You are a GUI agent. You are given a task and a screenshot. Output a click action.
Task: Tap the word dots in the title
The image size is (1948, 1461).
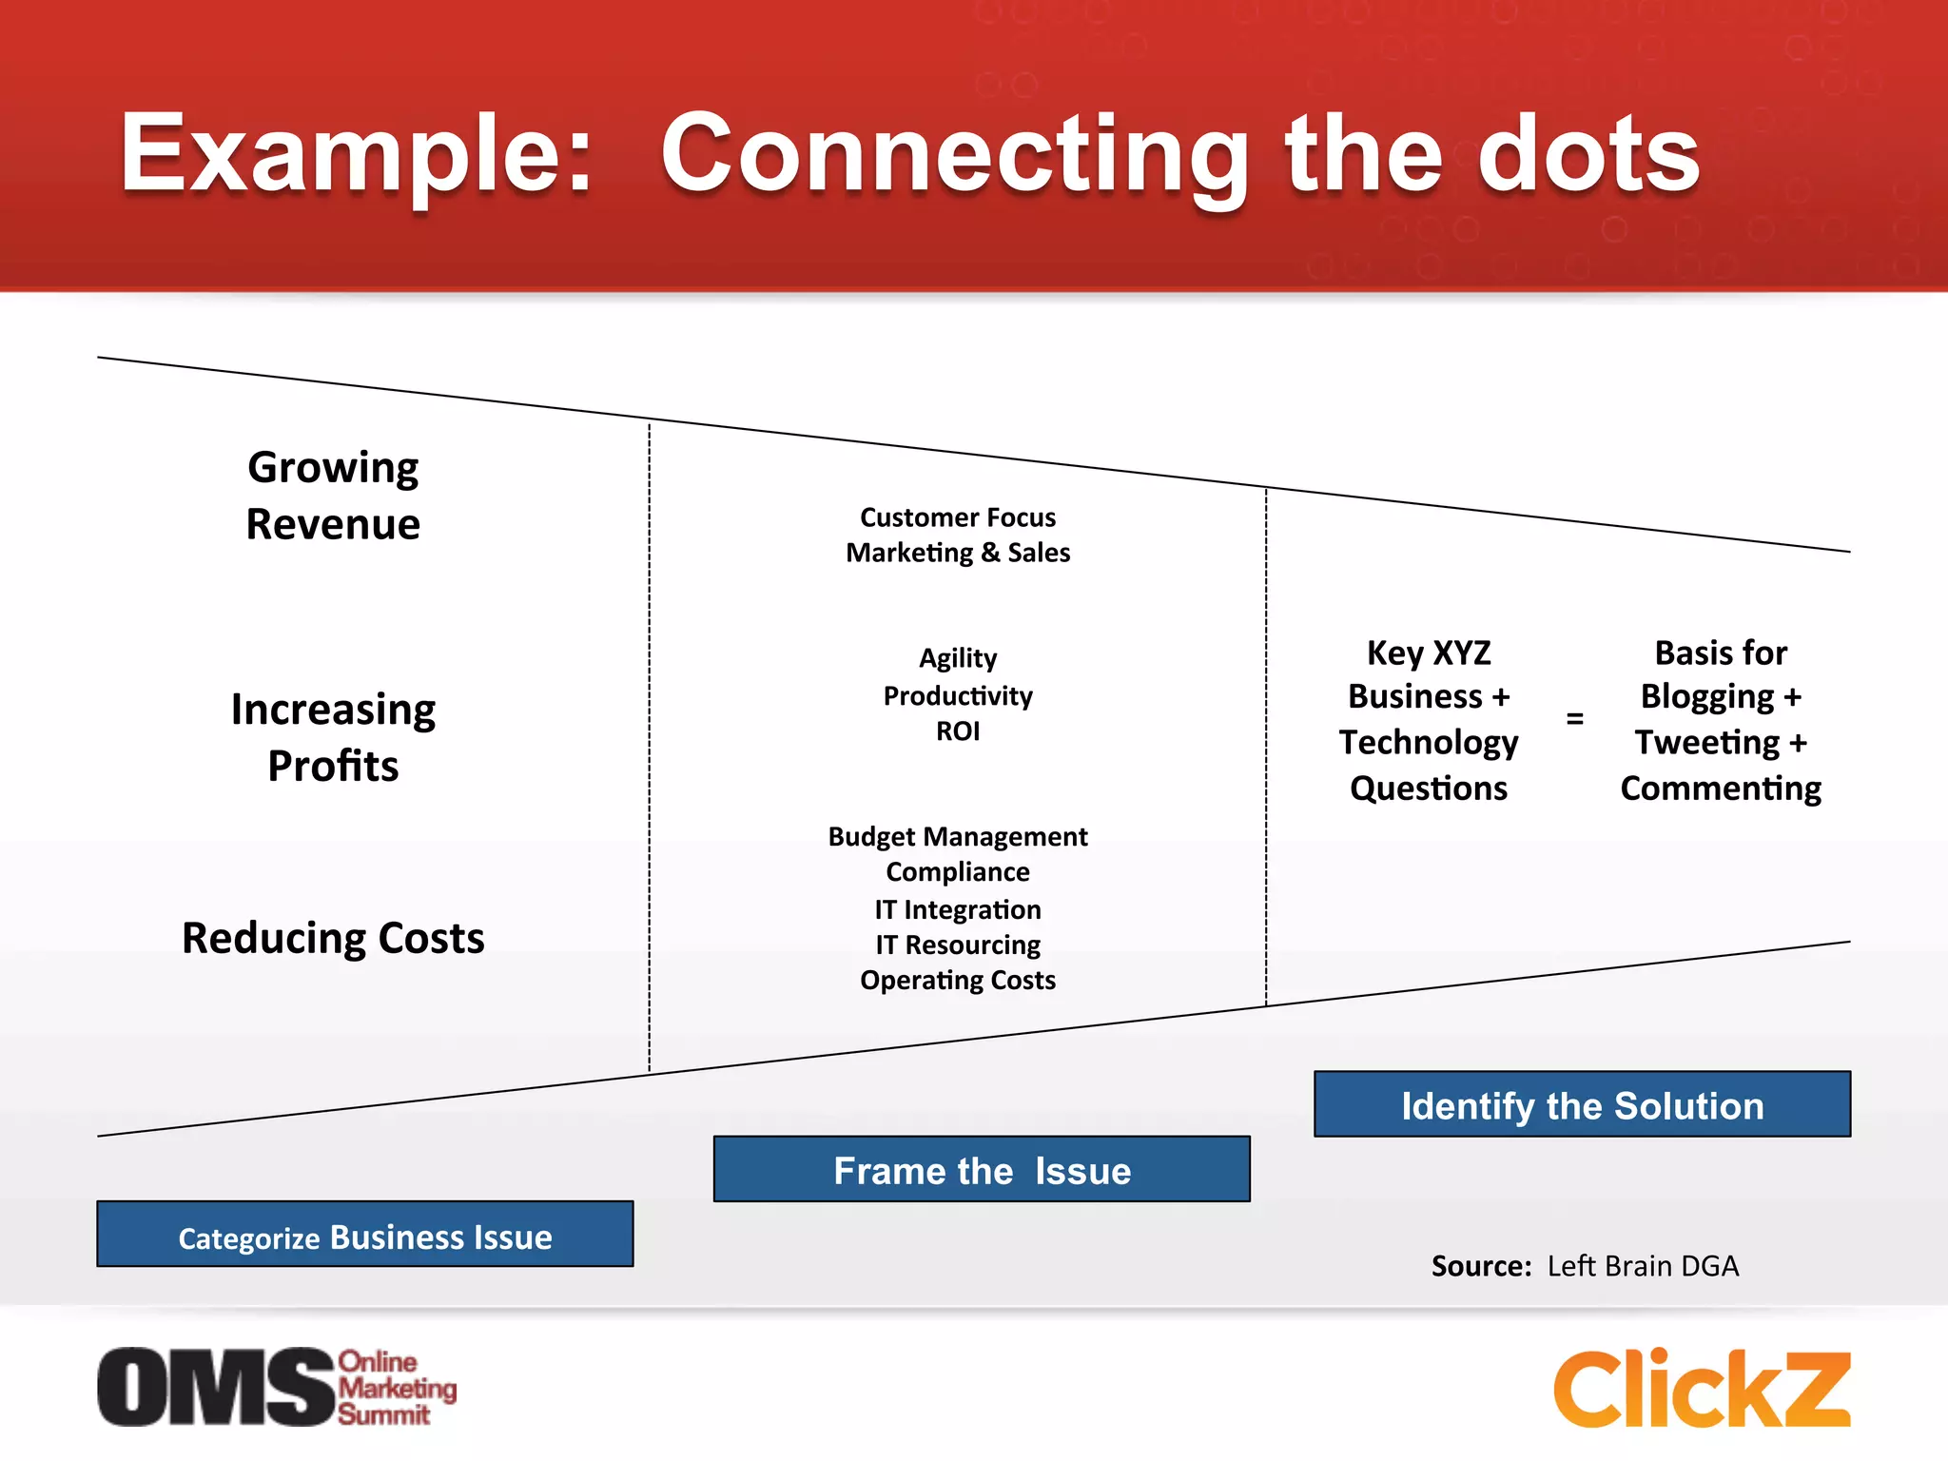click(1588, 154)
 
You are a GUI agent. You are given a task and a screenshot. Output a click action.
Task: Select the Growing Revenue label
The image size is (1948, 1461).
click(333, 496)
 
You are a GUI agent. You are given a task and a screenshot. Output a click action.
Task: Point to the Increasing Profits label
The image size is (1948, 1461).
click(333, 737)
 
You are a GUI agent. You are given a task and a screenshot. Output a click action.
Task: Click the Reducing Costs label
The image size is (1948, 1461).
click(333, 938)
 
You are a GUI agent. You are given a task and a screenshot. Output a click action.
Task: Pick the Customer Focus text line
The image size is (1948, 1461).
click(958, 517)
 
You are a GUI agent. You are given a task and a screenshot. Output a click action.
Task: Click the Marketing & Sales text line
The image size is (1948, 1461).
click(958, 553)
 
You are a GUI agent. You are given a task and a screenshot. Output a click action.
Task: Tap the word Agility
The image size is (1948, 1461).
click(958, 658)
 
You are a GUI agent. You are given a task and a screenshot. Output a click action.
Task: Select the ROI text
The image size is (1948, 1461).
click(958, 731)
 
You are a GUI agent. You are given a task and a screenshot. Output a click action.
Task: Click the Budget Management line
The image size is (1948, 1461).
click(958, 837)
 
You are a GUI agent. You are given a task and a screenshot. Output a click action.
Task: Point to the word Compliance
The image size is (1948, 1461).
click(958, 872)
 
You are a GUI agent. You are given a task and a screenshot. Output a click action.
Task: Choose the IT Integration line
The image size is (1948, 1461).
click(958, 909)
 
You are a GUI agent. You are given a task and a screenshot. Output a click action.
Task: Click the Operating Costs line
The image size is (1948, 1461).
click(958, 981)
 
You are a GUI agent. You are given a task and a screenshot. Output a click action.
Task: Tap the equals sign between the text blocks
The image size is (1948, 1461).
click(1575, 718)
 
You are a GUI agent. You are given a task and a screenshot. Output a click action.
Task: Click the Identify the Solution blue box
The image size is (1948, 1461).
click(1582, 1104)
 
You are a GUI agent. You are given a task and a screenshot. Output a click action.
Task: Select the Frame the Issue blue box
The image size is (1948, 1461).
click(982, 1169)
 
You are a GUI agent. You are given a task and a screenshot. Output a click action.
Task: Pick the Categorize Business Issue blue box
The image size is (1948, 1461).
click(365, 1235)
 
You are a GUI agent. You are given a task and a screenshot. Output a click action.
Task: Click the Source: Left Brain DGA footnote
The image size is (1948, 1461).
click(1585, 1266)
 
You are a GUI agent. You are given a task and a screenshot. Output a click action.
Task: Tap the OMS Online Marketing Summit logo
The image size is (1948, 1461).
click(276, 1387)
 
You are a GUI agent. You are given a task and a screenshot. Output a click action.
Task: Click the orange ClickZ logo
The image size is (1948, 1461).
click(1702, 1389)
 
